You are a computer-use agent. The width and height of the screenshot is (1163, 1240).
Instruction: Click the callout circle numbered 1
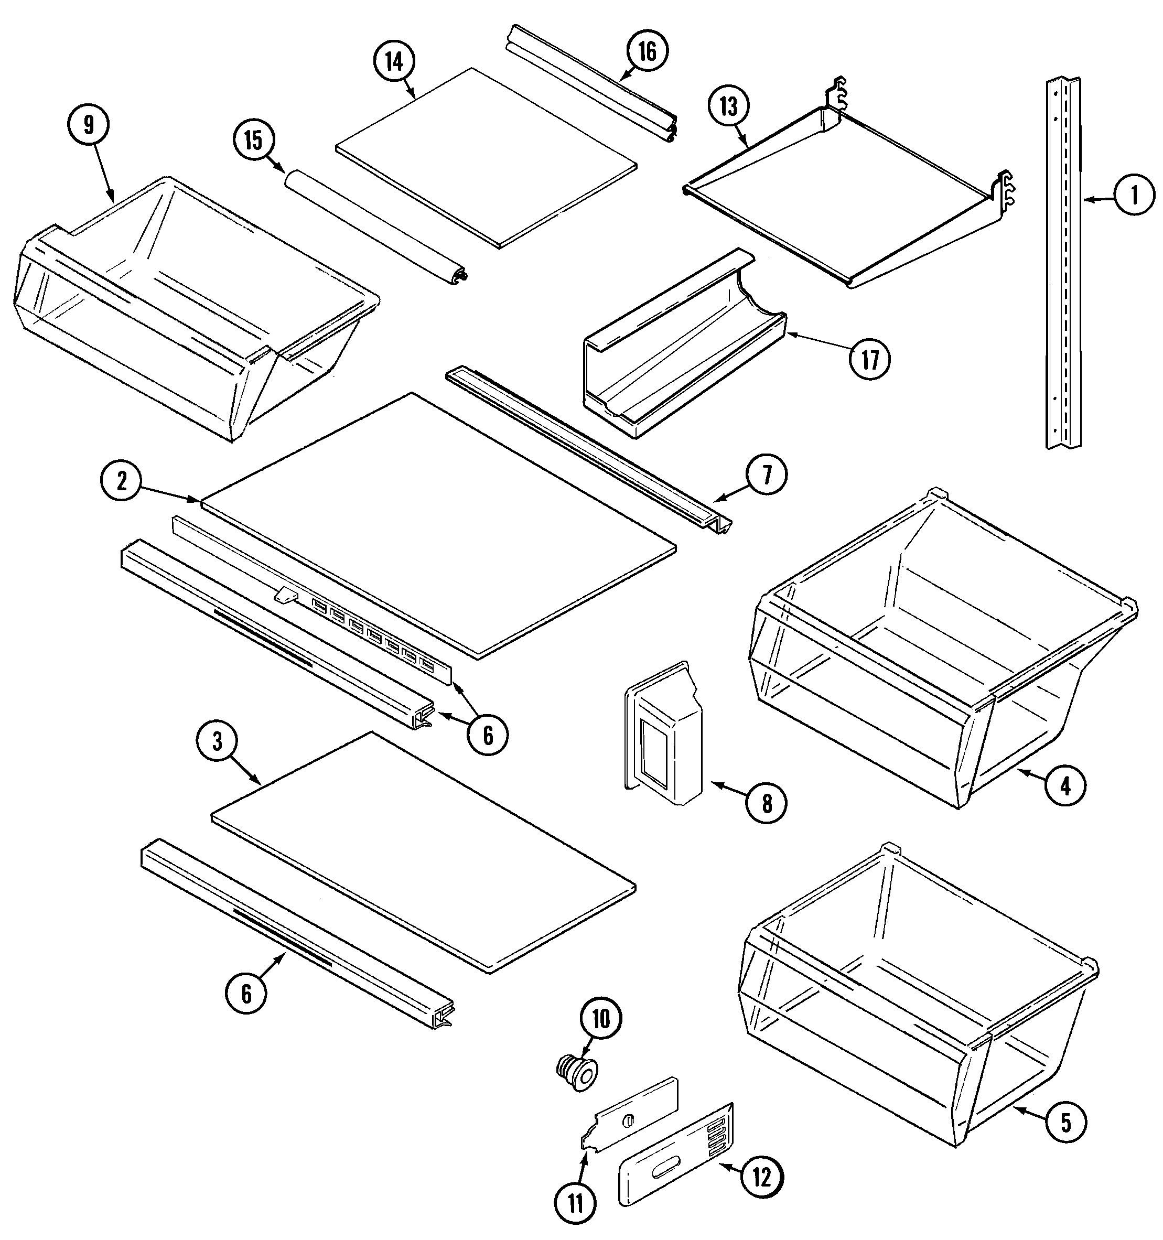pos(1134,196)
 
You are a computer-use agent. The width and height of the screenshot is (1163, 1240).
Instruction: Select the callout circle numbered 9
pos(89,125)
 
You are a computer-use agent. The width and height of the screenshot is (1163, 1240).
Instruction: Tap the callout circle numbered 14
pos(394,62)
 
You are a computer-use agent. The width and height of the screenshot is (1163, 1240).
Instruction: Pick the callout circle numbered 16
pos(647,52)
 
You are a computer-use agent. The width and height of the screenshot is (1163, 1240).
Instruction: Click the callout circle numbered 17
pos(870,360)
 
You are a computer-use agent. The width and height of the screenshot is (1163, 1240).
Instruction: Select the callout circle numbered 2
pos(122,481)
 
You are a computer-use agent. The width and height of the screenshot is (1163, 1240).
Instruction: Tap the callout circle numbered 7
pos(766,476)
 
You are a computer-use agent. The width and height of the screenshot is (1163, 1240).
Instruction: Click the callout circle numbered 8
pos(766,804)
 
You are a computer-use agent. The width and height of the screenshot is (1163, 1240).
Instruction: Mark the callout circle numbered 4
pos(1065,786)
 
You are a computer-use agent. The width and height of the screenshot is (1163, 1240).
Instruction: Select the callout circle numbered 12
pos(762,1178)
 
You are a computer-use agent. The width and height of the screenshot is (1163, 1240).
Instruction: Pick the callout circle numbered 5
pos(1065,1123)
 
